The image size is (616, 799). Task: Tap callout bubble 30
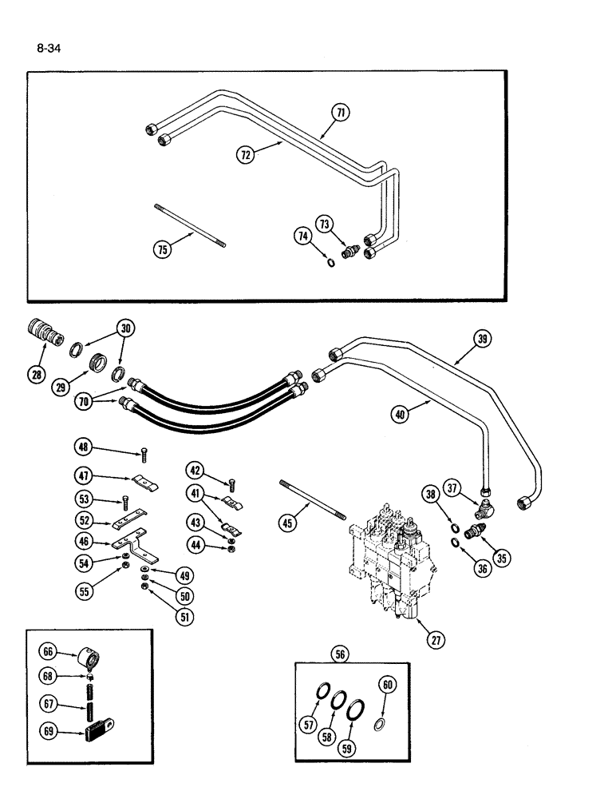124,328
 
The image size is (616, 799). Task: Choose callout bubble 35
501,559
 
